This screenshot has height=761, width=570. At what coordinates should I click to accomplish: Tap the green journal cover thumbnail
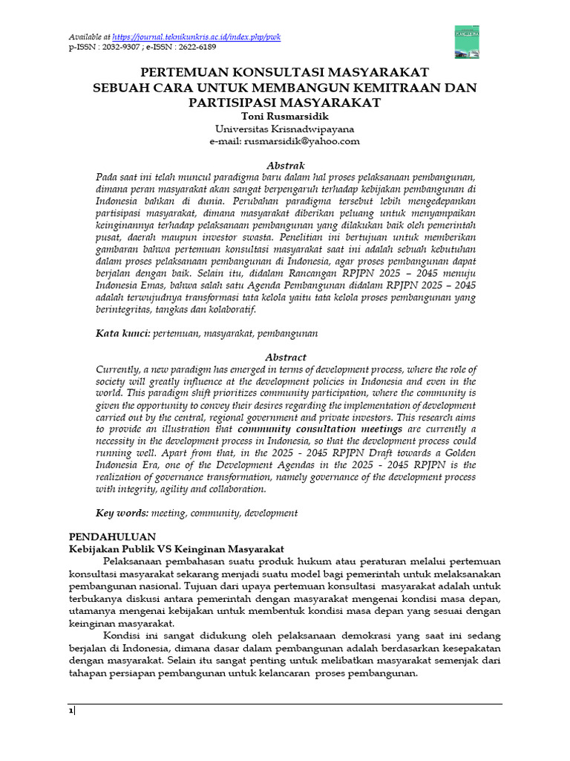point(466,41)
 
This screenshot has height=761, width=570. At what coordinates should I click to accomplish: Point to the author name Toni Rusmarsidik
point(285,116)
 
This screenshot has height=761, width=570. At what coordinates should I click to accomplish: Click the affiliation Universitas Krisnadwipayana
point(285,129)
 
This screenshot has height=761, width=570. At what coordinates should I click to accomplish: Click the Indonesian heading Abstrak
point(285,165)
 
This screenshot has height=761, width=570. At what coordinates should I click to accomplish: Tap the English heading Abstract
point(285,357)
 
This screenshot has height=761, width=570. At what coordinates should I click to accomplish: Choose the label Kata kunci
point(122,334)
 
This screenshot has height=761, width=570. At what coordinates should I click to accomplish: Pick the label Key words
point(122,513)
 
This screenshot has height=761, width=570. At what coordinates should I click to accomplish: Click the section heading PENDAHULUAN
point(112,536)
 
